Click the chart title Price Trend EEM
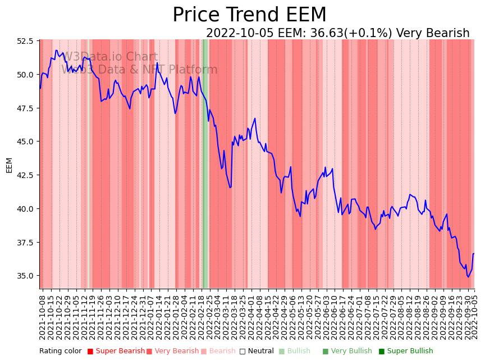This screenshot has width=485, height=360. click(x=249, y=15)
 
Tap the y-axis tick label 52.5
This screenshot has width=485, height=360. click(x=25, y=40)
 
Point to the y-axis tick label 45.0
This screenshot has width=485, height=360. click(x=25, y=142)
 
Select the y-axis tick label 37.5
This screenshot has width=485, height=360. click(x=25, y=242)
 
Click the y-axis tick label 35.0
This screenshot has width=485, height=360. click(x=25, y=276)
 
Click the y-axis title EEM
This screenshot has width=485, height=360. click(x=9, y=165)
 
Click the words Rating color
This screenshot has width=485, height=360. click(x=60, y=352)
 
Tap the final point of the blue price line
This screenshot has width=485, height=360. click(x=474, y=254)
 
